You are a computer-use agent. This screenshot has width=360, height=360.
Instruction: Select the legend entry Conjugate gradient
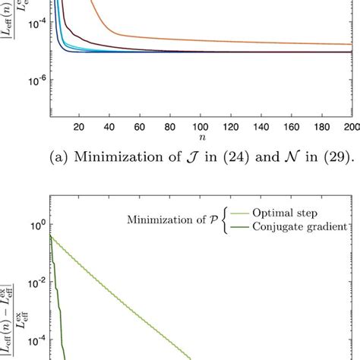click(x=308, y=226)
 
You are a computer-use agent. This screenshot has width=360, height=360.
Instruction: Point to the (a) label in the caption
click(x=77, y=159)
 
